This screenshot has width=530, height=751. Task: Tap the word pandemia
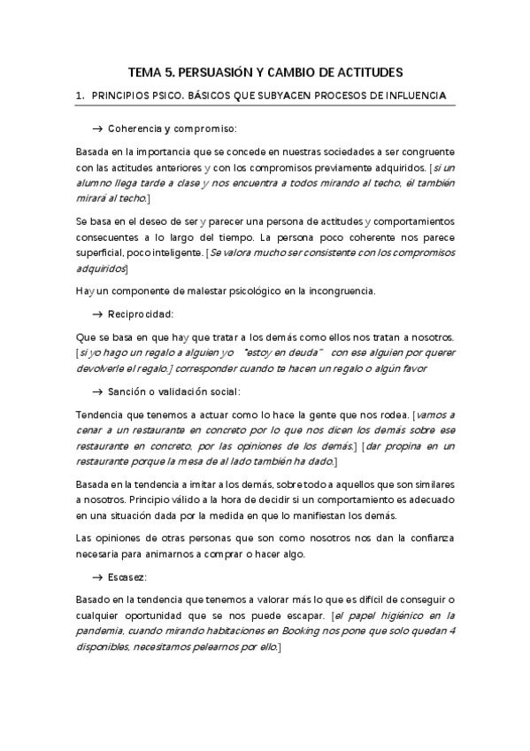[x=99, y=631]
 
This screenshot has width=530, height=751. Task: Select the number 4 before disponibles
[x=452, y=631]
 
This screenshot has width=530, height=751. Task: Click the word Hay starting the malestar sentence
[x=85, y=290]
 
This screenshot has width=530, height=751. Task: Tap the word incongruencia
[x=339, y=290]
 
